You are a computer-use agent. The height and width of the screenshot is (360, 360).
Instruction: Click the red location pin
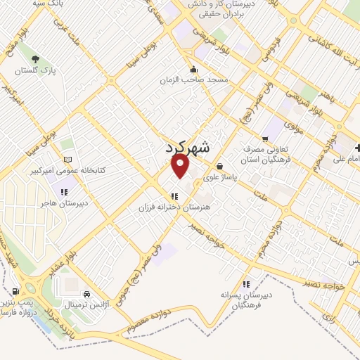click(181, 166)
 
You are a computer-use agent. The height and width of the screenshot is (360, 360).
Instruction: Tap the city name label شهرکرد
click(188, 148)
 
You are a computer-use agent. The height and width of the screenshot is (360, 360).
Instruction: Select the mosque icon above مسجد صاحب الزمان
click(194, 69)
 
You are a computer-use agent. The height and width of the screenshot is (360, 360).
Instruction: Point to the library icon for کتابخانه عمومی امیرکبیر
click(67, 160)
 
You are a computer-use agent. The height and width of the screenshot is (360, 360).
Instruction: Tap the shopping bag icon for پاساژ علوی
click(220, 167)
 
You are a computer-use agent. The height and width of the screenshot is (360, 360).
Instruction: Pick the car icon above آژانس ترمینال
click(86, 294)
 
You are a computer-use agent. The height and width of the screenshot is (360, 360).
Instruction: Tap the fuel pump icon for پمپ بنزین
click(15, 291)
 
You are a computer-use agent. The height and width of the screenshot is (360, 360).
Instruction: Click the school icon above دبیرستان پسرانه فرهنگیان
click(246, 284)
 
